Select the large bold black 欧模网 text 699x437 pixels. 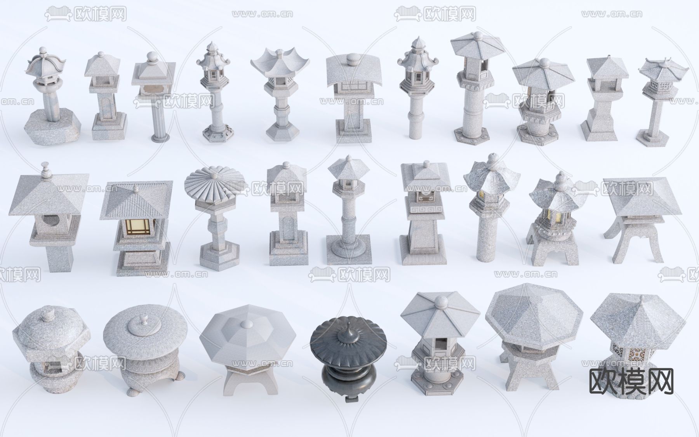click(631, 381)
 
